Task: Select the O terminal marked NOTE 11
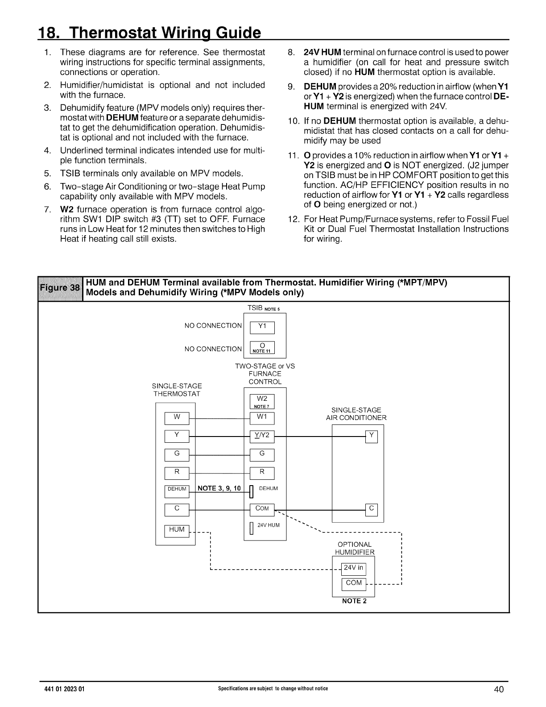coord(262,348)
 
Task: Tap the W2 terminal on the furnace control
coord(262,401)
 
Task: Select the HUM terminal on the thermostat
coord(177,530)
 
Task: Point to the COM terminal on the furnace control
coord(262,509)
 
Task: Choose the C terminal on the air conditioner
coord(371,509)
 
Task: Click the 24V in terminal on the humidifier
coord(354,569)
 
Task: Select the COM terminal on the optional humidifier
coord(354,583)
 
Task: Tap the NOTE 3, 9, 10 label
coord(219,488)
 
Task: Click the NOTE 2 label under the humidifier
coord(354,601)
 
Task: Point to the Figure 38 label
coord(61,288)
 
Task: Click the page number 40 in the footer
coord(499,690)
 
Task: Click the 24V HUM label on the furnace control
coord(269,525)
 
